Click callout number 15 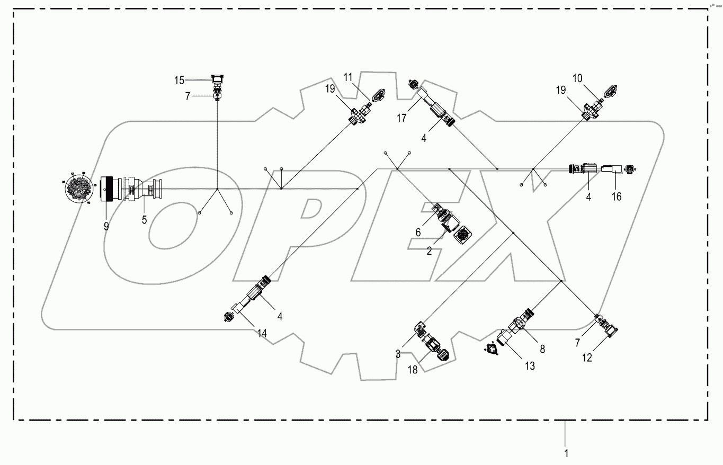180,81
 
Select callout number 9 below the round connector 106,226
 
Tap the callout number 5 144,220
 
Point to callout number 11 347,77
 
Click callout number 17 402,118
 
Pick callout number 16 616,197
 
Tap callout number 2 430,251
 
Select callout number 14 262,333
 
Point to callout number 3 398,354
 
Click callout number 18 413,370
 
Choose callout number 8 542,349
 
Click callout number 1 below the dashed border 566,453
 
